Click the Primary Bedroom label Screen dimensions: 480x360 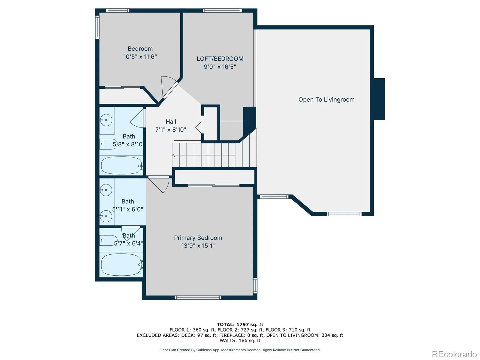198,238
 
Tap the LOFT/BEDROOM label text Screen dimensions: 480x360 220,59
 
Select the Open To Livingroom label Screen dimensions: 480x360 326,100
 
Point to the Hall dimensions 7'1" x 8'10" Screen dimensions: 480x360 171,130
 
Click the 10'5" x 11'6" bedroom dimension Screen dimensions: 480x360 140,57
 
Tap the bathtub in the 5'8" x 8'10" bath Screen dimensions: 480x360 121,166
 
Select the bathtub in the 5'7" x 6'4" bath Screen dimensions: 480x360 121,265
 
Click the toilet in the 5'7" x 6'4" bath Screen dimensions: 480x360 109,240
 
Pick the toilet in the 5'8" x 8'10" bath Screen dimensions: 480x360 109,144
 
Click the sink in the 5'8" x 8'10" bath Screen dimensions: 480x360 106,120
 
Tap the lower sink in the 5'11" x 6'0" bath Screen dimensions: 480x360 106,216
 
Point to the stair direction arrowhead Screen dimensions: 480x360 174,155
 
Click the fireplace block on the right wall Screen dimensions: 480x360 379,99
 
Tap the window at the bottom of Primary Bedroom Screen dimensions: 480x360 198,298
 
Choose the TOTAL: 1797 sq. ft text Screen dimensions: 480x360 240,325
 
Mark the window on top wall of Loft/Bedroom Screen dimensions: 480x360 222,10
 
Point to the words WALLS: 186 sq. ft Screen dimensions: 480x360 240,340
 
